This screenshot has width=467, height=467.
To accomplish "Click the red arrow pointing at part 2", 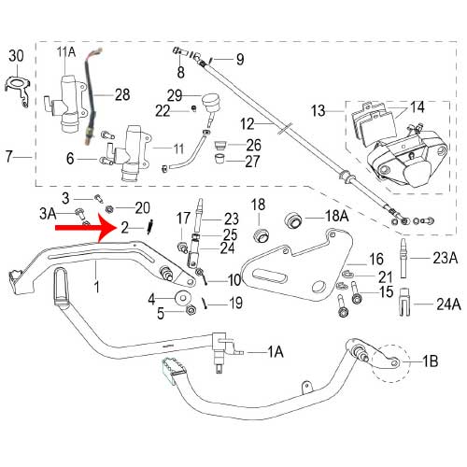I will [84, 226].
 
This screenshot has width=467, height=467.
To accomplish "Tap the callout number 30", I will [14, 57].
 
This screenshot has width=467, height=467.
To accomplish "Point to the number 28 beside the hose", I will [123, 94].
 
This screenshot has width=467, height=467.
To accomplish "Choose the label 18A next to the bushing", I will [336, 216].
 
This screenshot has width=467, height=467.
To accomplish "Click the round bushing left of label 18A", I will [290, 220].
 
